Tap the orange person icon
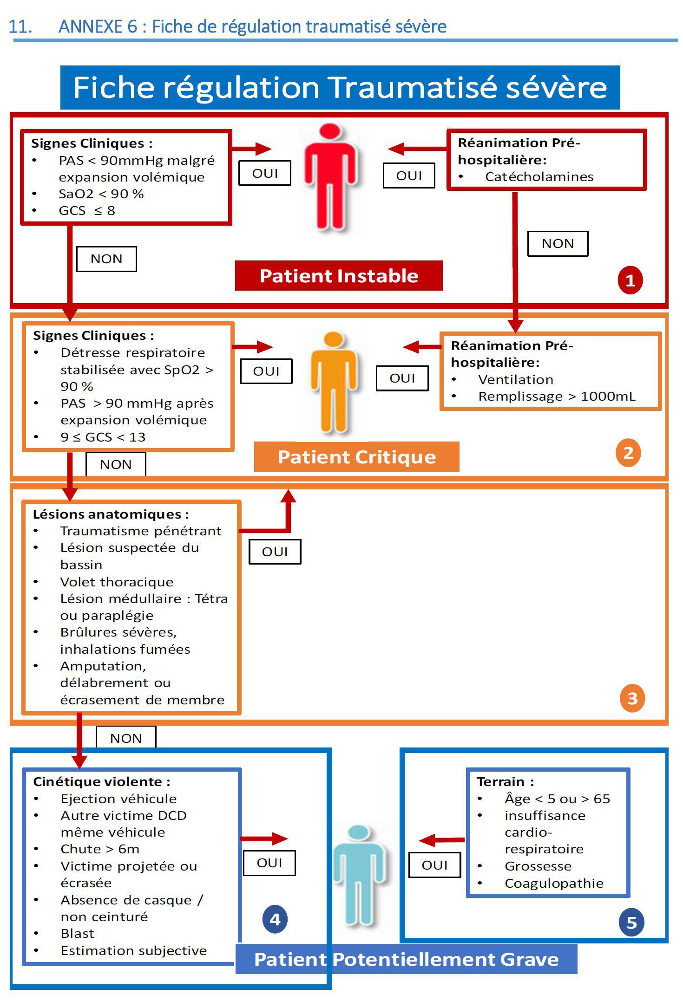click(334, 383)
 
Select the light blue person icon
click(358, 876)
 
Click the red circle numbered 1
click(630, 280)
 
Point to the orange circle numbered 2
click(628, 453)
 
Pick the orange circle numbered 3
click(632, 698)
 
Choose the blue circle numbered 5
click(631, 922)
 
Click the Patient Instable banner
click(339, 276)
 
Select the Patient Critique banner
click(357, 457)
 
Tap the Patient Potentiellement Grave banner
click(406, 959)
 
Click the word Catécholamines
click(539, 177)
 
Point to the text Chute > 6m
click(100, 849)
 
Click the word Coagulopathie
click(554, 884)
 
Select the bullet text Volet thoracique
click(117, 582)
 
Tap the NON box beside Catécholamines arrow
click(558, 244)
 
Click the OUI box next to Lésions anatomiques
click(275, 552)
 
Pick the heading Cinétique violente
click(102, 782)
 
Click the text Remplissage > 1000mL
click(557, 396)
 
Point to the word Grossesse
click(538, 866)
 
